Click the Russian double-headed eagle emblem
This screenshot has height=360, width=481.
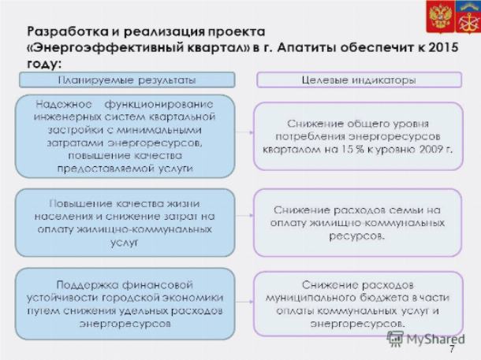point(441,16)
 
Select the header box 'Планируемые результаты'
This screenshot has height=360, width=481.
point(127,80)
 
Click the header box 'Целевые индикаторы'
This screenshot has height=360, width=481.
point(359,80)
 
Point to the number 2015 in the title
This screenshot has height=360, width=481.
point(444,47)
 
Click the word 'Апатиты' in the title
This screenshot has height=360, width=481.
point(307,48)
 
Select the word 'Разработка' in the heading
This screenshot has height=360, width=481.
point(68,32)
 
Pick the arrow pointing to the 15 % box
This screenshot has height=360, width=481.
point(244,132)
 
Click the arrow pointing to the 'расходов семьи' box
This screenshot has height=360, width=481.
point(244,215)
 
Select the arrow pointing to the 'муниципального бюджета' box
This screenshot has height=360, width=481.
point(244,302)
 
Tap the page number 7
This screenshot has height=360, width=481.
point(452,349)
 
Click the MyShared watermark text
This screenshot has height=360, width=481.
point(435,340)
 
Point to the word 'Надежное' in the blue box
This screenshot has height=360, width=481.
point(64,105)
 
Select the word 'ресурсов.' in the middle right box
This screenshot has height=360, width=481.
point(356,236)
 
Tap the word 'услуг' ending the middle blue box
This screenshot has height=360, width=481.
point(125,243)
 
